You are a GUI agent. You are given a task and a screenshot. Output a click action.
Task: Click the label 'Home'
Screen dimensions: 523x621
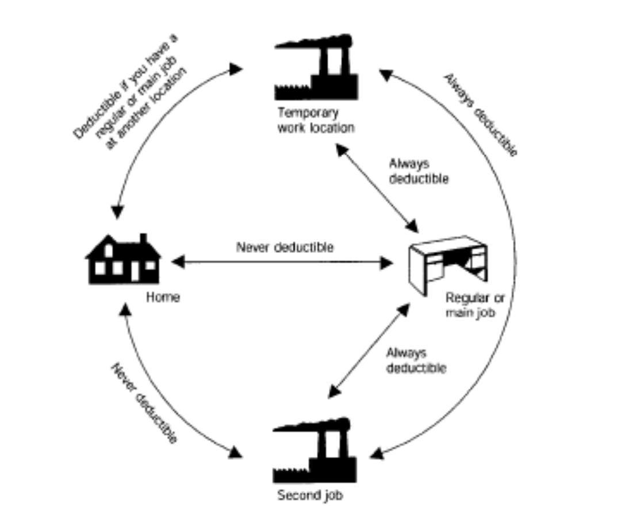(162, 297)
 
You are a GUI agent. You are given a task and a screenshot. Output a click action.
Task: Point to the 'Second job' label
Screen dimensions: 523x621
(310, 494)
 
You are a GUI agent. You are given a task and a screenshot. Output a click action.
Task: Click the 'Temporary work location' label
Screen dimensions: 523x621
(316, 120)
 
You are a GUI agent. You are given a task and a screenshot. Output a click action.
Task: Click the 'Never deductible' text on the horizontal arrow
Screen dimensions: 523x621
(284, 248)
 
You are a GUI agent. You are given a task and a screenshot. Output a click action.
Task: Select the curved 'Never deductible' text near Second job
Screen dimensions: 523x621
(144, 402)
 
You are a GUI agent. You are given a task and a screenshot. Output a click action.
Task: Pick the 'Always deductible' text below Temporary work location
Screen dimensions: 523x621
(418, 171)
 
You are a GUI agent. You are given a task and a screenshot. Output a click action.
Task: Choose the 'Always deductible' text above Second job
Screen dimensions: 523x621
(415, 360)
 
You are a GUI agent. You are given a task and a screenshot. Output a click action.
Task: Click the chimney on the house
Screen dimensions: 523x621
(143, 239)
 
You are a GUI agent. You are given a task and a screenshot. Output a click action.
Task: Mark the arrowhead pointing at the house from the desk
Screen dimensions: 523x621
(177, 262)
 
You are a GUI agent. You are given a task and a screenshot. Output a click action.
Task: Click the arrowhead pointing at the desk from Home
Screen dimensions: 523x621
(386, 263)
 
